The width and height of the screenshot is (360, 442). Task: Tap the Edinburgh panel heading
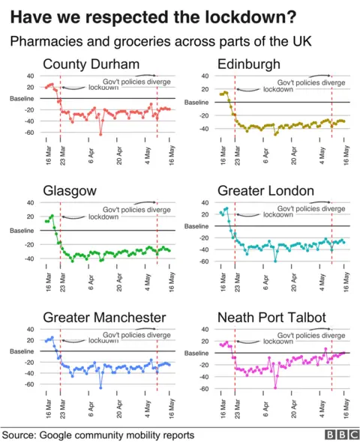point(249,64)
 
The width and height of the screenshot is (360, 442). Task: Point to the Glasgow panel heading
point(69,191)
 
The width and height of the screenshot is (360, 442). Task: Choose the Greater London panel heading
point(265,191)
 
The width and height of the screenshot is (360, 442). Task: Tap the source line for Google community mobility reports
point(98,434)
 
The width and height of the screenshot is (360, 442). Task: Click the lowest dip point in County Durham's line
point(100,134)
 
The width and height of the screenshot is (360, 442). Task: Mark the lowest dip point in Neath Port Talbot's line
point(275,387)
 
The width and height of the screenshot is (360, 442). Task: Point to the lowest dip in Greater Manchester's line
point(100,387)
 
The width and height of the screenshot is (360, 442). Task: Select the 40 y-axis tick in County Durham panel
point(30,76)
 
